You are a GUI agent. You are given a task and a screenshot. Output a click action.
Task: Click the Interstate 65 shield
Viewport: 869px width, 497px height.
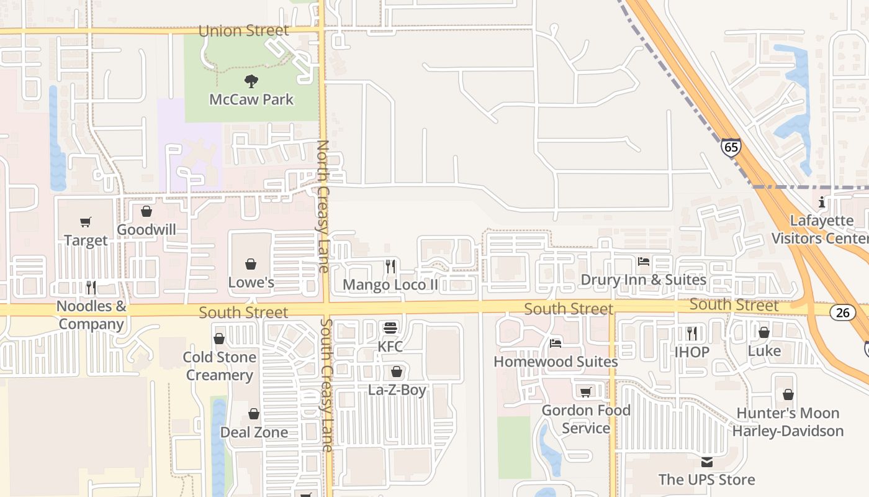tap(731, 147)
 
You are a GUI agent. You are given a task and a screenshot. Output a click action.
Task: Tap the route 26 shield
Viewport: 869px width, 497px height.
tap(842, 312)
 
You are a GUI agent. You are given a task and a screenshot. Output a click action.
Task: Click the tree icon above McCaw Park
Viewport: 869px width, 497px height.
tap(251, 81)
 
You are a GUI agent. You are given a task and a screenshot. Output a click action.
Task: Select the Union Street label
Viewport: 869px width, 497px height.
tap(243, 30)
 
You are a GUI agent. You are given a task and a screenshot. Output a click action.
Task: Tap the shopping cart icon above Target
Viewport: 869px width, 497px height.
tap(86, 222)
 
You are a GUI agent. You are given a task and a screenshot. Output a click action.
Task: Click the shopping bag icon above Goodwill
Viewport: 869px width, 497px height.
tap(146, 211)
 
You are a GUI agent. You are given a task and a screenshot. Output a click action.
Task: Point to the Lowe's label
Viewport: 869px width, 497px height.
tap(251, 282)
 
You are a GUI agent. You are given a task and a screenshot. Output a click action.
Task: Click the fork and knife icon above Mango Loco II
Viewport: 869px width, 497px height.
tap(390, 267)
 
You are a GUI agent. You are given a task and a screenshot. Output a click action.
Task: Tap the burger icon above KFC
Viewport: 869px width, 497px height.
tap(390, 328)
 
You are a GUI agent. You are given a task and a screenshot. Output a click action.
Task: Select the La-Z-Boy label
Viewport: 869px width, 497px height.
tap(397, 390)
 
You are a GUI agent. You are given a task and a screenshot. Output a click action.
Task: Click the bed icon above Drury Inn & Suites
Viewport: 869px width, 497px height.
tap(644, 262)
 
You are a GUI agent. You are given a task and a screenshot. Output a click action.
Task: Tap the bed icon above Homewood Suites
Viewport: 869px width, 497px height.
tap(556, 343)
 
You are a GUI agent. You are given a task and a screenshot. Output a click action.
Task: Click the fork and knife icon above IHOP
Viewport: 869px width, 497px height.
tap(692, 334)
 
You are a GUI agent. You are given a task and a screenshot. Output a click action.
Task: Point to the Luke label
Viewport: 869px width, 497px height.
tap(764, 350)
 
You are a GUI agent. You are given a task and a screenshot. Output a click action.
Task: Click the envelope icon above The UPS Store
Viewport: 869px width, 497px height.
tap(706, 462)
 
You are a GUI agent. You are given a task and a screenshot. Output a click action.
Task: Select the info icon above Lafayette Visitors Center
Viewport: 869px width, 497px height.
tap(822, 202)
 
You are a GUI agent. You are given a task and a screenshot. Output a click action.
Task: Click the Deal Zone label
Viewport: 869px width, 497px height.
tap(254, 432)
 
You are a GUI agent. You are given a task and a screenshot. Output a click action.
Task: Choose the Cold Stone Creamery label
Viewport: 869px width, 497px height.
tap(219, 366)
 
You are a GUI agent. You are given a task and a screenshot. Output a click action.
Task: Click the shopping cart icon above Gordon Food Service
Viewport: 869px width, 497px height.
tap(585, 392)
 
